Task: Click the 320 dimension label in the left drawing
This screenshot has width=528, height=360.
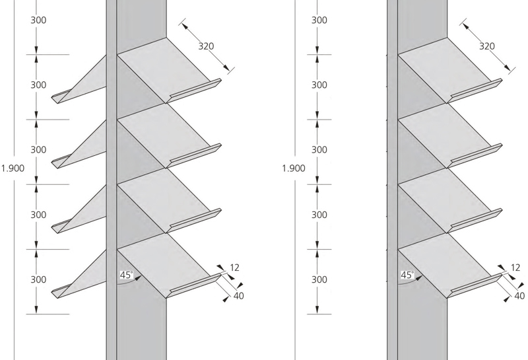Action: (x=206, y=46)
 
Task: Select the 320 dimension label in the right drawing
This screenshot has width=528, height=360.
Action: (x=487, y=46)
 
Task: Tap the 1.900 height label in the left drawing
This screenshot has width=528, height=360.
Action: (x=13, y=168)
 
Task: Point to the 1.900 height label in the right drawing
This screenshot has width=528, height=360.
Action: (x=294, y=168)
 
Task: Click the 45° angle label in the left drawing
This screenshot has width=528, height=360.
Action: (x=127, y=275)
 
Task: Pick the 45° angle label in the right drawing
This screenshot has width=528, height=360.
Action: (x=407, y=275)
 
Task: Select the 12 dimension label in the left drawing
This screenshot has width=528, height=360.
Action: (x=235, y=268)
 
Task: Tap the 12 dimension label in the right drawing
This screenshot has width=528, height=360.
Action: (x=515, y=268)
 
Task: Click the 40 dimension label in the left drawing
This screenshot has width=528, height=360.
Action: (x=239, y=296)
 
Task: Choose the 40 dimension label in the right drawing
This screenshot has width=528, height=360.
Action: (x=519, y=296)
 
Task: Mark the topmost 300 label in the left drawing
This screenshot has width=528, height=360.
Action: (x=38, y=20)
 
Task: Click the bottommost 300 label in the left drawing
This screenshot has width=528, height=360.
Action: (x=38, y=280)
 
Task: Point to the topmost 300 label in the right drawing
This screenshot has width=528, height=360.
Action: (x=319, y=20)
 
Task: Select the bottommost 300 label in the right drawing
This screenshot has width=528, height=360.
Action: (x=319, y=280)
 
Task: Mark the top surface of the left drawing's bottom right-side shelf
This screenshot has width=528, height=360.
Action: (x=163, y=262)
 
